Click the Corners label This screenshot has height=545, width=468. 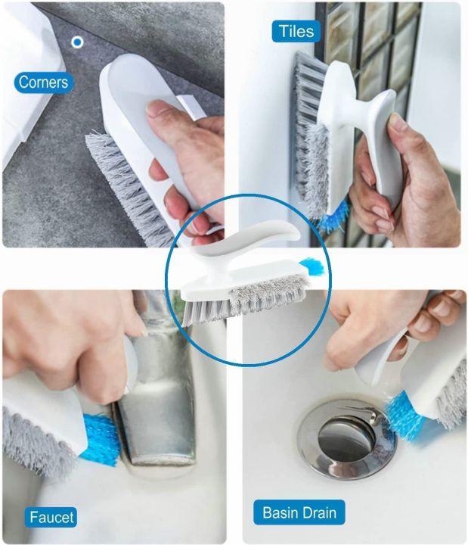(43, 83)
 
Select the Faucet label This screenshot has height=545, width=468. (51, 518)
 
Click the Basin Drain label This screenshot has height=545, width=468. (299, 512)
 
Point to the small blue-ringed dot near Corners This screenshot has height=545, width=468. (77, 42)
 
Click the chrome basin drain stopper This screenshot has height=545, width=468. (345, 438)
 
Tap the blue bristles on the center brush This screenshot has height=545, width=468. (311, 265)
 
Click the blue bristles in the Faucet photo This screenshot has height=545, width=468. (99, 439)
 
